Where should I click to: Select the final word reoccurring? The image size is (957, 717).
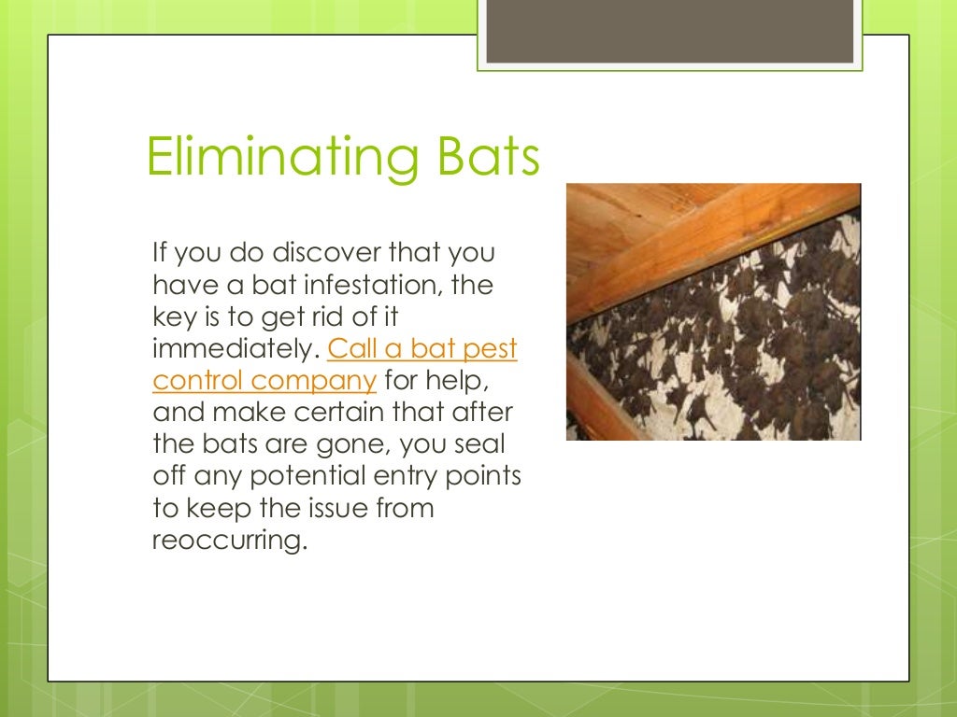228,541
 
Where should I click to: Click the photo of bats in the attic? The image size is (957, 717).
713,312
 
